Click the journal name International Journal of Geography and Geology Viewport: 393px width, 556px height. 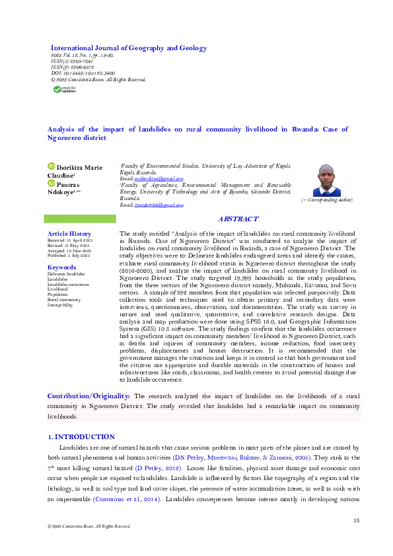[129, 48]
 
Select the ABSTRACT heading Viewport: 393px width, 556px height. [238, 219]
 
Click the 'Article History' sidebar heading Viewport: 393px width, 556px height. [69, 234]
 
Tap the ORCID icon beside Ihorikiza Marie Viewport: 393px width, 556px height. [51, 168]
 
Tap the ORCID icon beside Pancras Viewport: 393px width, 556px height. [51, 184]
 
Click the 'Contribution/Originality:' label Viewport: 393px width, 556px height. [89, 396]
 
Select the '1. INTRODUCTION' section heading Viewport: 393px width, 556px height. [82, 437]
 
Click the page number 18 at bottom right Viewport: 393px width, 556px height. [356, 522]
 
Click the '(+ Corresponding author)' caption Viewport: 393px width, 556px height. [326, 199]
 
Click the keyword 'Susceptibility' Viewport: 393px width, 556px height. [60, 305]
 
